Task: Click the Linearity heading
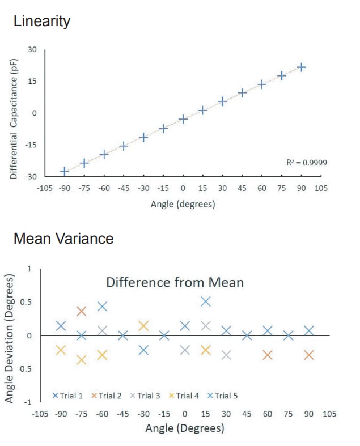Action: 42,22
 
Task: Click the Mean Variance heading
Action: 63,239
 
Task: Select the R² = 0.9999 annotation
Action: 307,163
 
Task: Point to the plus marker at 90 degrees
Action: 302,67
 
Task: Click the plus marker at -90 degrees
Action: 65,171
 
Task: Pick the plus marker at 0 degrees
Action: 183,119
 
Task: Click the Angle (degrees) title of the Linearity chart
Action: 183,204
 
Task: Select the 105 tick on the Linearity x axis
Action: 321,188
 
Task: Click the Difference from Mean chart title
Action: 175,282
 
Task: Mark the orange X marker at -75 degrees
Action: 82,311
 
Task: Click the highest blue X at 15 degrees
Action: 205,301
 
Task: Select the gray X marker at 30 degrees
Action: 226,355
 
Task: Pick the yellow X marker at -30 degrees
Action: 143,326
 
